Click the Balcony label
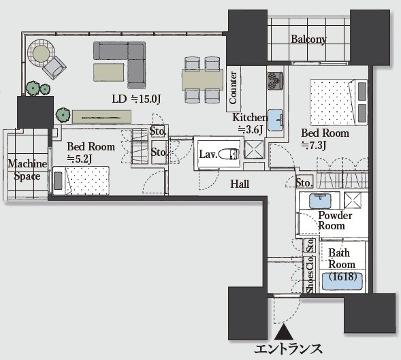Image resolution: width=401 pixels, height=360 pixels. point(308,39)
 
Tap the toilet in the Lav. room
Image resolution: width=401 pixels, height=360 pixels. point(229,154)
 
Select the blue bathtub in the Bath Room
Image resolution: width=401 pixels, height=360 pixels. point(342,281)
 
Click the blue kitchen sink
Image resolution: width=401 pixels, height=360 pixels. point(276,120)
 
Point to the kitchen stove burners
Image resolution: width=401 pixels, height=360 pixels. point(275,81)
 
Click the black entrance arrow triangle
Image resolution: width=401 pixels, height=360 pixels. point(284,332)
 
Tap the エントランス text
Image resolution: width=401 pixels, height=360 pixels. point(288,349)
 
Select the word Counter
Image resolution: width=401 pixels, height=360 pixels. point(233,88)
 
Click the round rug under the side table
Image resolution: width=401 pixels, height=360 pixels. point(41,54)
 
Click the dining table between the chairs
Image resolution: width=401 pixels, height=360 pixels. point(202,80)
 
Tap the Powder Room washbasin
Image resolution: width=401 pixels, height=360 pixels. point(320,201)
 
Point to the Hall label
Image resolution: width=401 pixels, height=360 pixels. point(240,184)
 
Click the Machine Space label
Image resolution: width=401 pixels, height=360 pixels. point(27,170)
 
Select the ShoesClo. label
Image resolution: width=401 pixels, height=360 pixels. point(310,274)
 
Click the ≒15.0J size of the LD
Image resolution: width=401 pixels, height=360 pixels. point(146,99)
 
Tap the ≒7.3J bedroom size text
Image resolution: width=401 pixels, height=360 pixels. point(314,145)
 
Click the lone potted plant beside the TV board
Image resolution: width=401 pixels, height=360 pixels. point(63,115)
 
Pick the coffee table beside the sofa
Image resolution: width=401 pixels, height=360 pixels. point(109,72)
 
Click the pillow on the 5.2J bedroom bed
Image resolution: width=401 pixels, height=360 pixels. point(58,181)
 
